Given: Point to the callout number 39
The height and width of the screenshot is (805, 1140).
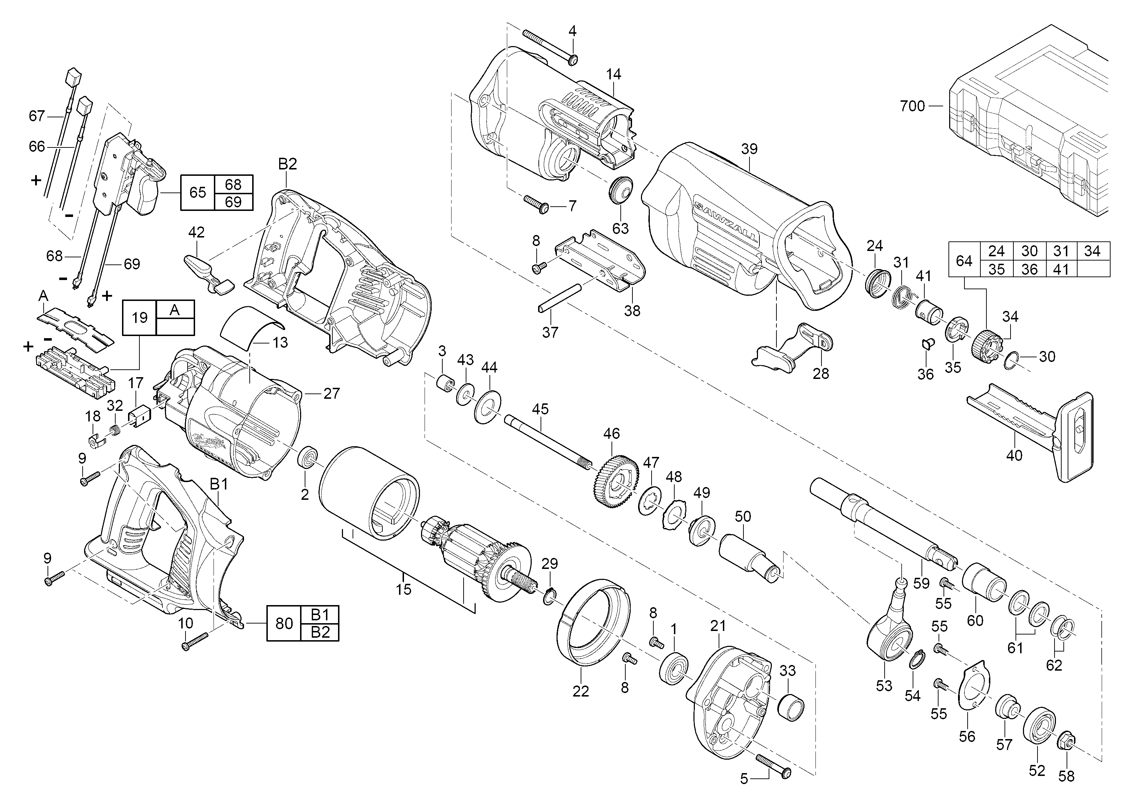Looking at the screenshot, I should coord(749,149).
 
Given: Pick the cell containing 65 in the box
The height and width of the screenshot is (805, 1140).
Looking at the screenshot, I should coord(198,192).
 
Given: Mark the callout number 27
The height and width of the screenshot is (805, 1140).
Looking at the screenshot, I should coord(331,393).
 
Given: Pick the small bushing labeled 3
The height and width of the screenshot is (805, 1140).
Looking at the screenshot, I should coord(445,384).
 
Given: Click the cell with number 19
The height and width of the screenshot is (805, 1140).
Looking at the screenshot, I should coord(139,317).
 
